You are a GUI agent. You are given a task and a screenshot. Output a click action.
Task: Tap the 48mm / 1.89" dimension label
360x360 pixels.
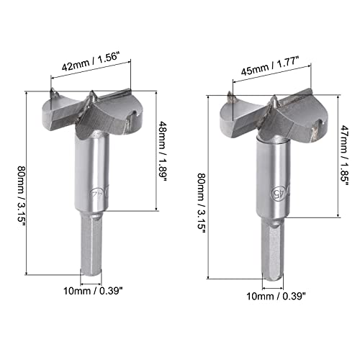pyautogui.click(x=163, y=152)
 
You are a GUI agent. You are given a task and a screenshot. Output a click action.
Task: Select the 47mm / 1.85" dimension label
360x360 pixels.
pyautogui.click(x=344, y=156)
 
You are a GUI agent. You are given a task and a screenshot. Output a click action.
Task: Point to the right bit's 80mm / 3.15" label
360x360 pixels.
pyautogui.click(x=202, y=203)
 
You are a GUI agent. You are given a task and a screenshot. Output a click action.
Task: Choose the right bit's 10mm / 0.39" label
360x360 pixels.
pyautogui.click(x=276, y=296)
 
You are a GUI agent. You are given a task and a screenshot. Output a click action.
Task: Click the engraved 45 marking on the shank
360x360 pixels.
pyautogui.click(x=279, y=192)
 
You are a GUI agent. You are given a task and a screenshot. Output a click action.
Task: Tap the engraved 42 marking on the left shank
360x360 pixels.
pyautogui.click(x=98, y=192)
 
